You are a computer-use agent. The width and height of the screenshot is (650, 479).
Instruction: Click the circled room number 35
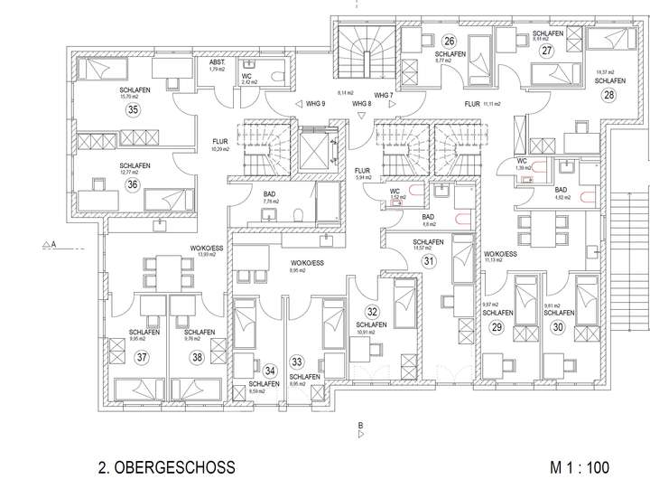pos(134,110)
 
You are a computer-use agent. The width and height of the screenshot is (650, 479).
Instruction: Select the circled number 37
pos(143,356)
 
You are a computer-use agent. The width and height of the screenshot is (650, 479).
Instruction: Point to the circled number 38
pos(197,356)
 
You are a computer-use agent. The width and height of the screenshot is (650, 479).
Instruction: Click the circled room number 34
pos(270,369)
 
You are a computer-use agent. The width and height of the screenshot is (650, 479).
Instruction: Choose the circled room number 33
pos(296,362)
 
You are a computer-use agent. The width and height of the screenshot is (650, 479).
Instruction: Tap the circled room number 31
pos(429,260)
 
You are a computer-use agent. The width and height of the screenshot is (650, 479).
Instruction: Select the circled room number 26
pos(449,40)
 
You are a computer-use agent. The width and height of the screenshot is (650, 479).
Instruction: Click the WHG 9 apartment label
pos(315,103)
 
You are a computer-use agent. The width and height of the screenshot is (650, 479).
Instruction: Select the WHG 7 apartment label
pos(384,94)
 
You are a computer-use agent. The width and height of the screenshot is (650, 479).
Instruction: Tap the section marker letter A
pos(53,244)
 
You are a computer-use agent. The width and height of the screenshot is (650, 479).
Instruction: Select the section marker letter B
pos(359,425)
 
